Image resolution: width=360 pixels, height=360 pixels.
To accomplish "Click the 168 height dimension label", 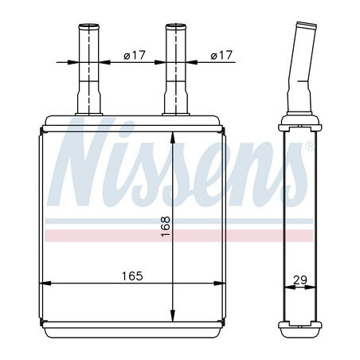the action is coord(166,226).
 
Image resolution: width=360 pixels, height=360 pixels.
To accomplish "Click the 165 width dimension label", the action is coord(132,276).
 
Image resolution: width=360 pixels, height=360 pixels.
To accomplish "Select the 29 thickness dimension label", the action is coord(300,280).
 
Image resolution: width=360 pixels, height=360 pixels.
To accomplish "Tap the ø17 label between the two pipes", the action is coord(135,55).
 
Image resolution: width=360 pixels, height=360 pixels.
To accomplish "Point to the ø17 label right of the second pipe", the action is coord(221,55).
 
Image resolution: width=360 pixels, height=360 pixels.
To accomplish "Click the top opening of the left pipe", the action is coord(89,26).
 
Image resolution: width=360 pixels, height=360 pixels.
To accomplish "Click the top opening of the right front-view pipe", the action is coord(176,26).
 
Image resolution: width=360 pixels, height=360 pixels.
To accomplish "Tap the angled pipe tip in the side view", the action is coord(307,25).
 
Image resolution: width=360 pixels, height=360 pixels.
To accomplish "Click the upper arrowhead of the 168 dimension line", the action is coord(173,138).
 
